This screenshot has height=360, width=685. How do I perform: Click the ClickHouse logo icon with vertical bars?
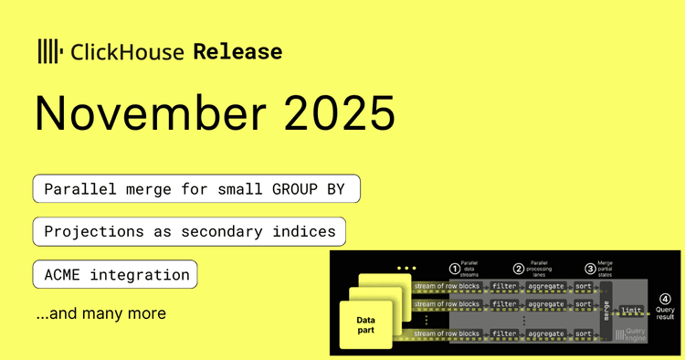click(49, 51)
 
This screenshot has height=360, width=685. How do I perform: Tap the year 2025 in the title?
click(337, 113)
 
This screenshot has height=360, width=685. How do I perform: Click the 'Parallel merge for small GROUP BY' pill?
click(196, 189)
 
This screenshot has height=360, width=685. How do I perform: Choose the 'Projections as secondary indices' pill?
click(190, 232)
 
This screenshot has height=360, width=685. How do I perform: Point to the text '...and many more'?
click(100, 313)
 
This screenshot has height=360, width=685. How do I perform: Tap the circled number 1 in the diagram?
click(455, 269)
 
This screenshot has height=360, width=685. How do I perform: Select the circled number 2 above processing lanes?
click(519, 269)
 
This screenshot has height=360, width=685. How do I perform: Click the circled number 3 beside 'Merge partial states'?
click(590, 269)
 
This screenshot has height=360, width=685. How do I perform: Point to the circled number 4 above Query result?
click(665, 298)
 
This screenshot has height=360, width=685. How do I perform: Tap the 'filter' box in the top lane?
click(503, 285)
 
